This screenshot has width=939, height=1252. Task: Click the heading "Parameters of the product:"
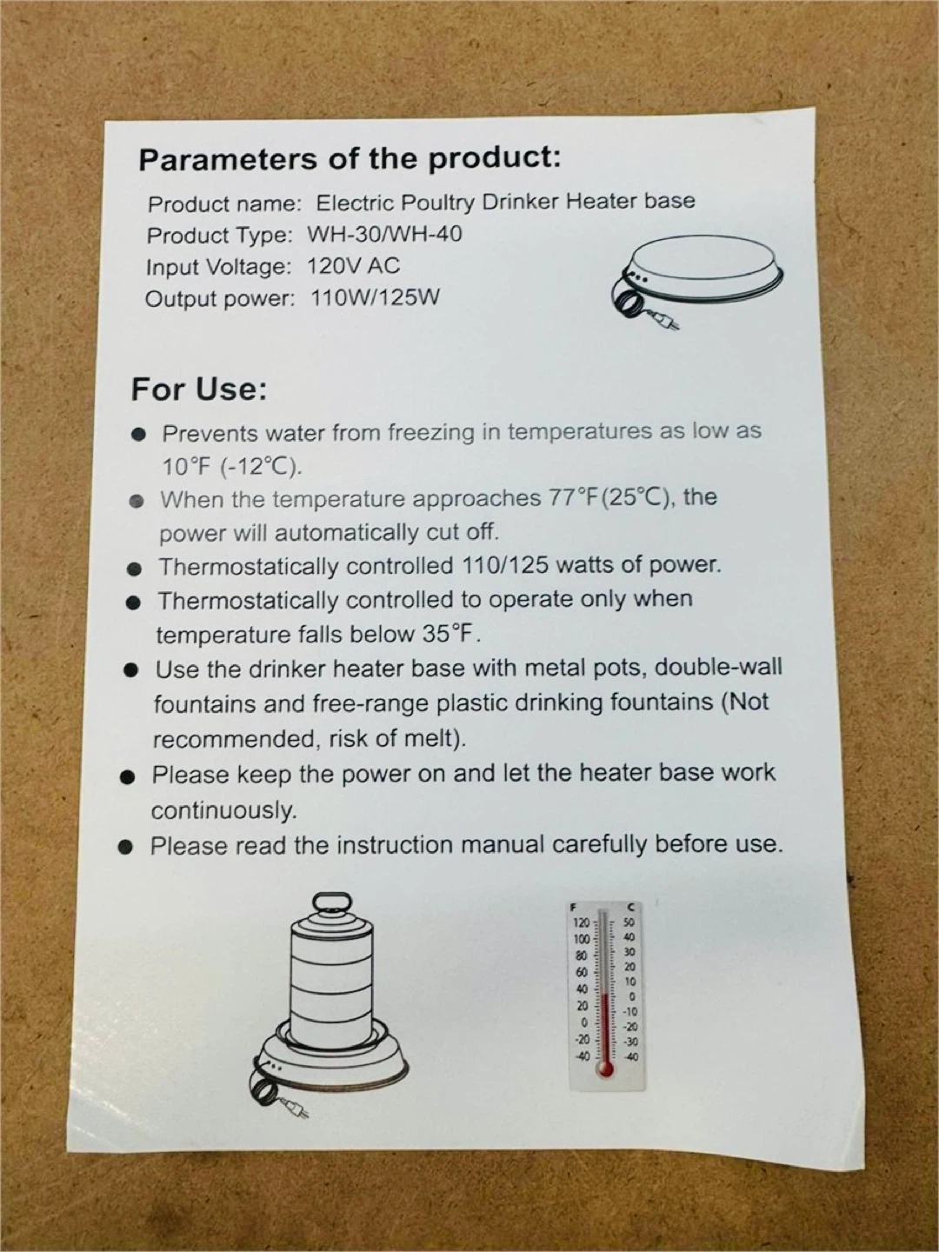click(x=350, y=159)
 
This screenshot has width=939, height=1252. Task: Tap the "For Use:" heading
click(x=199, y=390)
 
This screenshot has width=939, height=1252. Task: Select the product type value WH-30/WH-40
click(x=384, y=234)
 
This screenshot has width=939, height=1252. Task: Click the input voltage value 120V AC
click(x=354, y=266)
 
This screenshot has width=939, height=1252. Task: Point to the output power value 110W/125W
click(x=375, y=297)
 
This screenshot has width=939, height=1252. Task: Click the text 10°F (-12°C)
click(x=231, y=467)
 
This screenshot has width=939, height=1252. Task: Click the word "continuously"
click(x=224, y=810)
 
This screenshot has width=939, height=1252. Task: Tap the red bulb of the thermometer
click(x=605, y=1068)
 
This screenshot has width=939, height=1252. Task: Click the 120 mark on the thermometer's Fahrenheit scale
click(x=581, y=922)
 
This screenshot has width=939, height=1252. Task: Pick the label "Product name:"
click(x=224, y=204)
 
